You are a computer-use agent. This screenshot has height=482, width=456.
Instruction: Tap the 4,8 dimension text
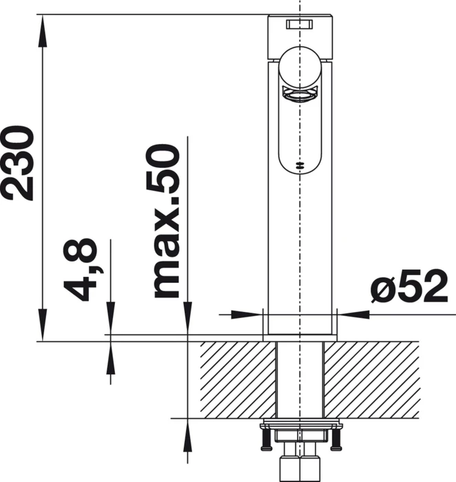point(81,270)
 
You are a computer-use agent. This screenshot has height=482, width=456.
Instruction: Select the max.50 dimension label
point(167,221)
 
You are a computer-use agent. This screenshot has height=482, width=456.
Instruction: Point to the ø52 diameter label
point(408,286)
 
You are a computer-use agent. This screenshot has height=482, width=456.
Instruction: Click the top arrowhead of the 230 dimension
point(43,31)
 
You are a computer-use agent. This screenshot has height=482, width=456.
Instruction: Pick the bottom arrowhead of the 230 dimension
point(43,324)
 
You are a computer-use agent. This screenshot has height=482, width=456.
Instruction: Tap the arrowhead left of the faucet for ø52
point(247,315)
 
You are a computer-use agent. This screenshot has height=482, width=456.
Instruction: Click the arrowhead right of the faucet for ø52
point(353,315)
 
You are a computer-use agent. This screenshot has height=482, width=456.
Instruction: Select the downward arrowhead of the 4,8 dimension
point(110,318)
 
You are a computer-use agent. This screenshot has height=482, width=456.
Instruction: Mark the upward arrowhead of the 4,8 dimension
point(110,358)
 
